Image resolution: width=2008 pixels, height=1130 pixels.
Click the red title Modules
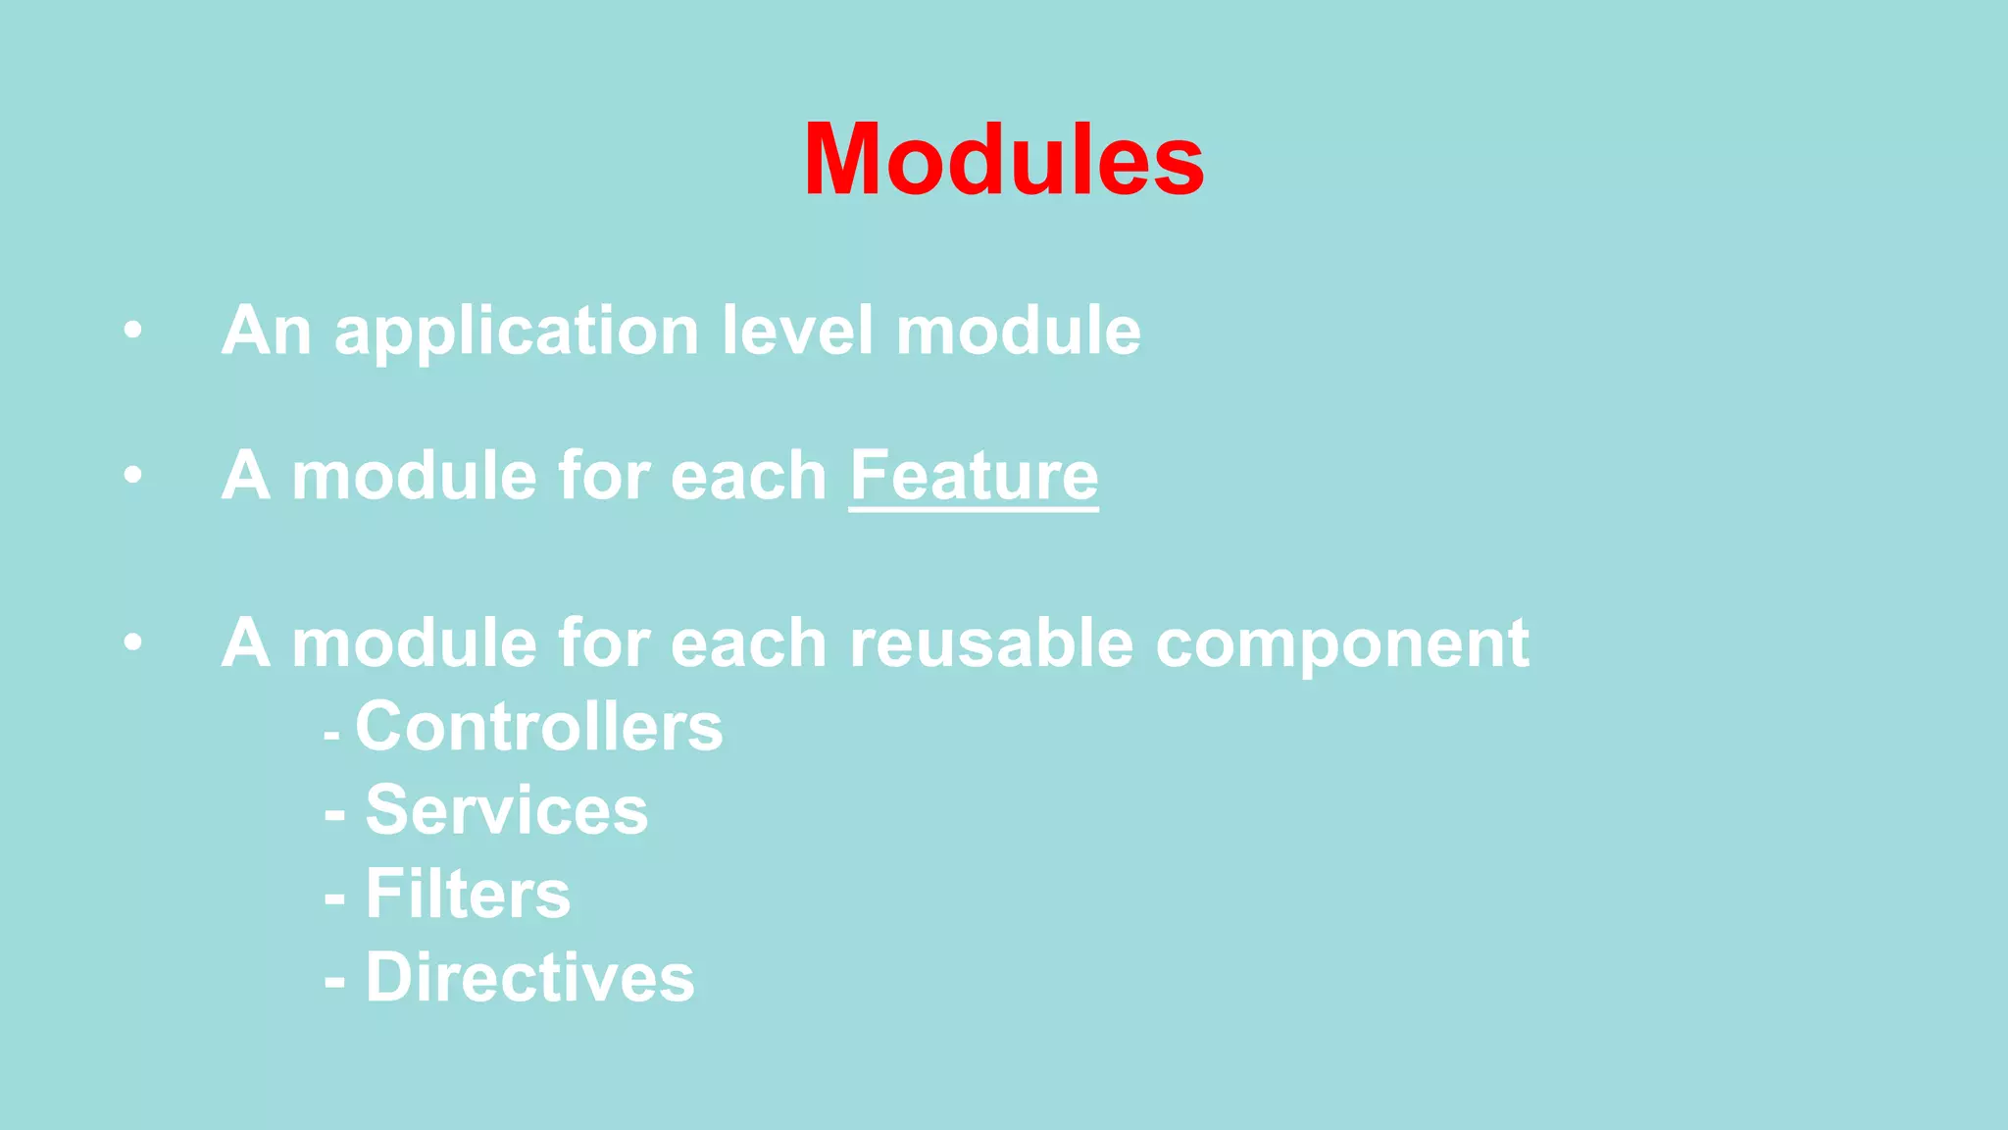click(1004, 160)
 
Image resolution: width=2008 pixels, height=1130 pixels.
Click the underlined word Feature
click(974, 476)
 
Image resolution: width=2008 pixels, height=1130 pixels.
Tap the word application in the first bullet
click(516, 331)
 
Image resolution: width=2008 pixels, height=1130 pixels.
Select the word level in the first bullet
click(796, 331)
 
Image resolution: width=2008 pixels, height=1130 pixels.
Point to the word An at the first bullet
click(266, 331)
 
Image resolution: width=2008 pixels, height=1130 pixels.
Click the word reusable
click(991, 643)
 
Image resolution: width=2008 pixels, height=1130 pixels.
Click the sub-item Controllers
click(539, 727)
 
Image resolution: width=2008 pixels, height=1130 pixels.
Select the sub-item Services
click(506, 810)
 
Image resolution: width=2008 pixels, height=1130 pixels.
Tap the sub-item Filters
click(468, 894)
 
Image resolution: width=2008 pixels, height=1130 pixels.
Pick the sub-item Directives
click(529, 977)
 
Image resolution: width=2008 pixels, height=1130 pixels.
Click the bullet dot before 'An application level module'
click(133, 330)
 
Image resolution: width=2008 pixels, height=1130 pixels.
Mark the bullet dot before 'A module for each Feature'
click(133, 476)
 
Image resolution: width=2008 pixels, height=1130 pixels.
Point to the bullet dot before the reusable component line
click(133, 643)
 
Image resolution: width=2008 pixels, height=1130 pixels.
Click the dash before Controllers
click(332, 734)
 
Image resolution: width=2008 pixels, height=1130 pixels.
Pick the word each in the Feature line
click(749, 476)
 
